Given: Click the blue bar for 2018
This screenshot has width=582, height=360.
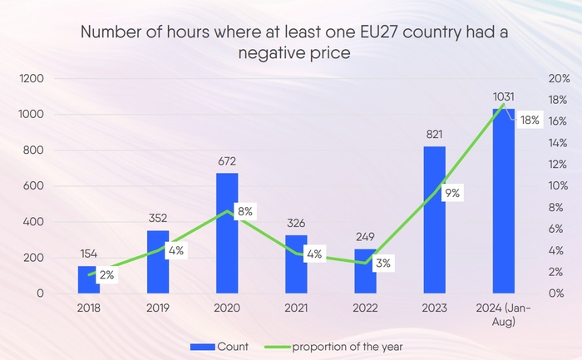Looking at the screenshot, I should pyautogui.click(x=88, y=279).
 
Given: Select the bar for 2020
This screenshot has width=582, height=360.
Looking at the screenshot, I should pyautogui.click(x=227, y=233).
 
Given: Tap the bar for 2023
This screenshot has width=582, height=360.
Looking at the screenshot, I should pyautogui.click(x=434, y=219).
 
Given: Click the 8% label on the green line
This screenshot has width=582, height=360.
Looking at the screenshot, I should pyautogui.click(x=244, y=211).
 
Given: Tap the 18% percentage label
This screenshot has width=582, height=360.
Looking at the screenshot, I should pyautogui.click(x=530, y=121).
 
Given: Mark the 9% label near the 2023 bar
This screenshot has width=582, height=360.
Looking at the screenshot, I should pyautogui.click(x=452, y=193).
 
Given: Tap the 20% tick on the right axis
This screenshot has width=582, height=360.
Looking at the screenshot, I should pyautogui.click(x=559, y=79).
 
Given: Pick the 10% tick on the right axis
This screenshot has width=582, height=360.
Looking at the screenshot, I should pyautogui.click(x=559, y=186).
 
